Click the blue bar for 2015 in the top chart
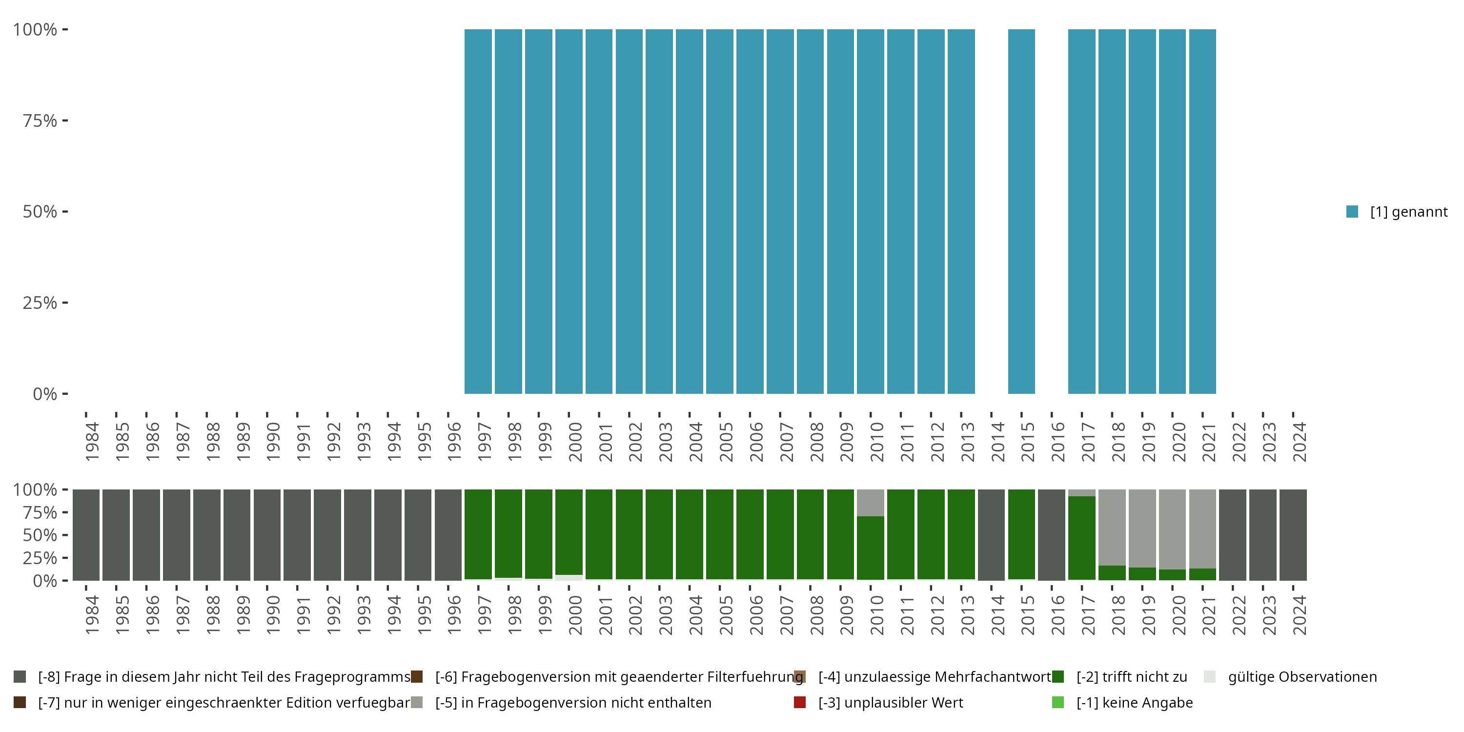click(1021, 211)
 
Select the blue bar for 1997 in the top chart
click(478, 211)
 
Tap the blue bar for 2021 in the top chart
click(1202, 211)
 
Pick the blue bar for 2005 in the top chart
click(719, 211)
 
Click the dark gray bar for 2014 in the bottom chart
click(991, 535)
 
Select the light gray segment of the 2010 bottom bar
click(870, 503)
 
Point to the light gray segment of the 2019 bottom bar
click(1142, 528)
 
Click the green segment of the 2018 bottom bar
click(1112, 573)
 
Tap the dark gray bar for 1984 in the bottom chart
click(86, 535)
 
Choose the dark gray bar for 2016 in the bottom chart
click(1052, 535)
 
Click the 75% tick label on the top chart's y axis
click(40, 121)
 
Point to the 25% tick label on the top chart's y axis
click(40, 303)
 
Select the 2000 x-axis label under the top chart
click(575, 442)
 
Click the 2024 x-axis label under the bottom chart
click(1299, 615)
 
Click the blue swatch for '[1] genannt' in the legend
click(1352, 211)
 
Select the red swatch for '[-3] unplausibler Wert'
click(800, 702)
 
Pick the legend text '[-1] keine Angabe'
click(1135, 702)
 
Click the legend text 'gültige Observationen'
click(1302, 677)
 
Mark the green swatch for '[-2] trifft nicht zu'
click(1057, 677)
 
